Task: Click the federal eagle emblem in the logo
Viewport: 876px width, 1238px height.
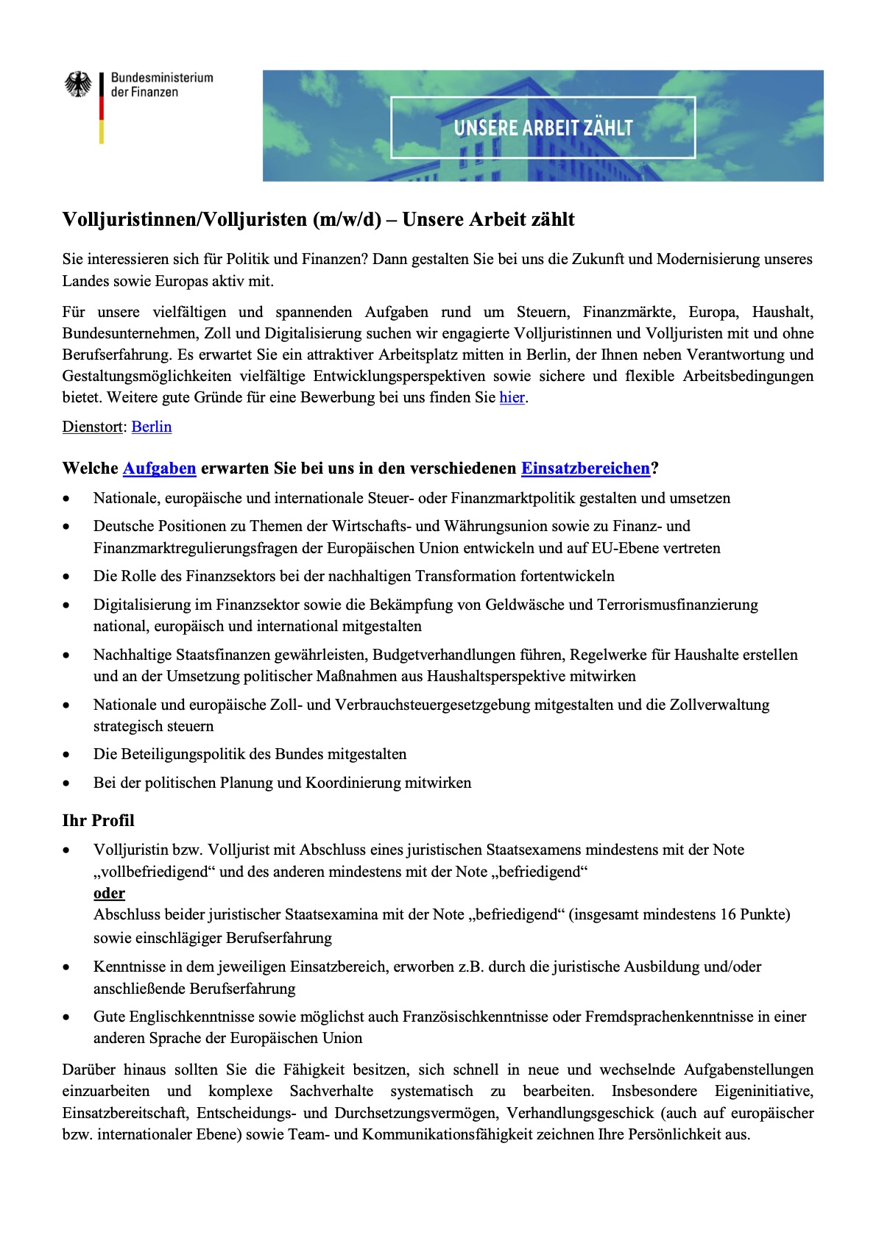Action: pos(77,85)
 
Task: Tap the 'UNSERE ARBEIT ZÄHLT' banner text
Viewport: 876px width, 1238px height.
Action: pos(543,128)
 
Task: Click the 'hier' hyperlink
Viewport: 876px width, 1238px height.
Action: pos(512,398)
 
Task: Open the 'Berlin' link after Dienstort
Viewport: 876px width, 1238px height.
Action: pos(152,427)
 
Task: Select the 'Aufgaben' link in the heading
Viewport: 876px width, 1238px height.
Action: pos(159,469)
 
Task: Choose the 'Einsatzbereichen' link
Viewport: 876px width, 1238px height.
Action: pos(585,469)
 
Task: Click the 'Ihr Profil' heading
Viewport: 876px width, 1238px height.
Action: pos(99,821)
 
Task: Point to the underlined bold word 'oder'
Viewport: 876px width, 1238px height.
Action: pos(109,894)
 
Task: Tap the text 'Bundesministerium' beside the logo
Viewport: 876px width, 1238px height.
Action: pos(162,77)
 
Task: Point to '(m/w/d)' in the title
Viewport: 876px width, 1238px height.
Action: pos(347,220)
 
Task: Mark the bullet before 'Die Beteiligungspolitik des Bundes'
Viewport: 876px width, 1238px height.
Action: pos(67,755)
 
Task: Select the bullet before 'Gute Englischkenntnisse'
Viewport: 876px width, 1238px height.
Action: pos(67,1018)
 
